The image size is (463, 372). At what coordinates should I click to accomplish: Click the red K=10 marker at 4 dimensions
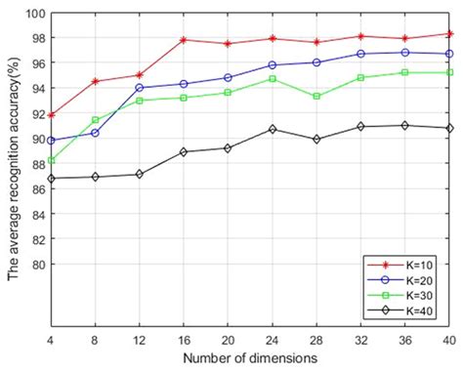pos(51,115)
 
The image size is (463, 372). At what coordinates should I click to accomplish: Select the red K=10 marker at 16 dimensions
pos(185,40)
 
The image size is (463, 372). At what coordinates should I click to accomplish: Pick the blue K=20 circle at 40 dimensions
pos(448,54)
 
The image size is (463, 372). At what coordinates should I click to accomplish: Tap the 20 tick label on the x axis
pos(228,340)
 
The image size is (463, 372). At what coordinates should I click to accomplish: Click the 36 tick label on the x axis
pos(404,340)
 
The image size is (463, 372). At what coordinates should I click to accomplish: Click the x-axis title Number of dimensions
pos(249,358)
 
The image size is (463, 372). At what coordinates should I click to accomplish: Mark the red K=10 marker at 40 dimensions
pos(448,34)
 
